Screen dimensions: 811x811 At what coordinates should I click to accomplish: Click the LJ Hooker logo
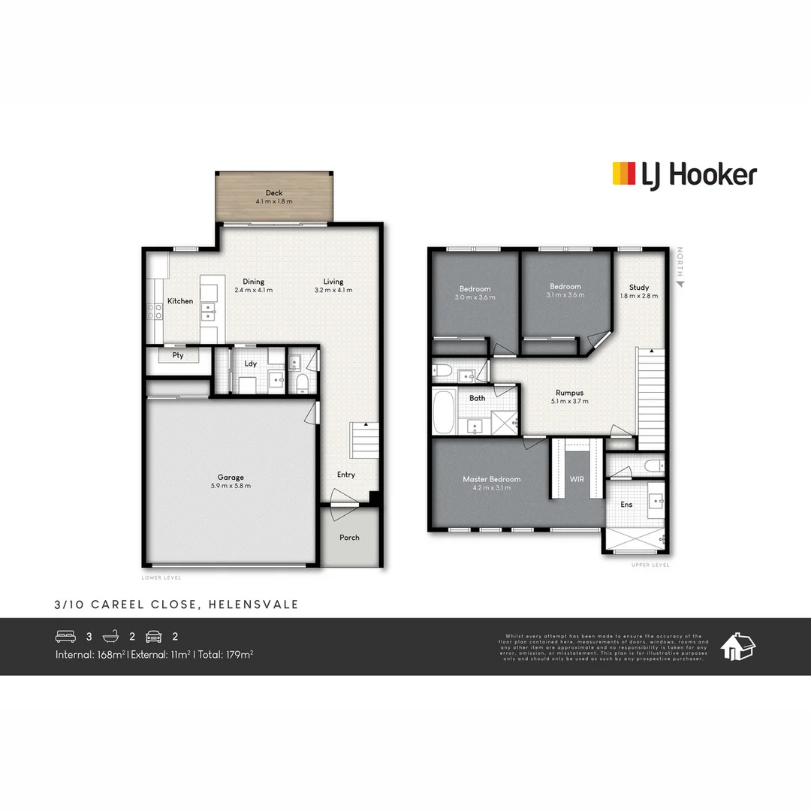click(684, 175)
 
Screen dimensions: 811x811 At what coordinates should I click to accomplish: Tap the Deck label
click(274, 193)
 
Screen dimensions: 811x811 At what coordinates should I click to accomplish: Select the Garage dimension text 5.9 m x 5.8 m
click(231, 486)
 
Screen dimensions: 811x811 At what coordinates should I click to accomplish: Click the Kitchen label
click(180, 301)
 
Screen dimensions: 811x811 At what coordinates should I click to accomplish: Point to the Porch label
click(349, 538)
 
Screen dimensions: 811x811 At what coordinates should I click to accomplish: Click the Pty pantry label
click(178, 355)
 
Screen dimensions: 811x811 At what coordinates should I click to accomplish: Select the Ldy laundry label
click(251, 363)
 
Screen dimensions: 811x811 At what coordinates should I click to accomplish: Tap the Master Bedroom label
click(491, 479)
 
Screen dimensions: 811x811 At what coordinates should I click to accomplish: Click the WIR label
click(577, 478)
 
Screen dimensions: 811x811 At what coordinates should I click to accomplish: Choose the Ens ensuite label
click(626, 505)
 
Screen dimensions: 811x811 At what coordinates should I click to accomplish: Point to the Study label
click(639, 287)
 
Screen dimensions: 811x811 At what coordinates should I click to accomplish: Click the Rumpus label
click(569, 392)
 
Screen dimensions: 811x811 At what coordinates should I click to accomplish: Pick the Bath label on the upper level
click(478, 398)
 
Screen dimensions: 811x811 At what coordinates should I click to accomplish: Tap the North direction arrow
click(680, 284)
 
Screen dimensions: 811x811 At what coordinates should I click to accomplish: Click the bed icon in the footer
click(66, 637)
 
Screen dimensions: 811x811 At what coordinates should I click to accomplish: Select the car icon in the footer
click(155, 637)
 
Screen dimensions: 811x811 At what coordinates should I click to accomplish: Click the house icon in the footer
click(737, 646)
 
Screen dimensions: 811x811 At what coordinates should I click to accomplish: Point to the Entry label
click(345, 475)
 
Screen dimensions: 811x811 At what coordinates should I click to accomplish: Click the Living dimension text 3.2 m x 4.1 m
click(333, 290)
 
